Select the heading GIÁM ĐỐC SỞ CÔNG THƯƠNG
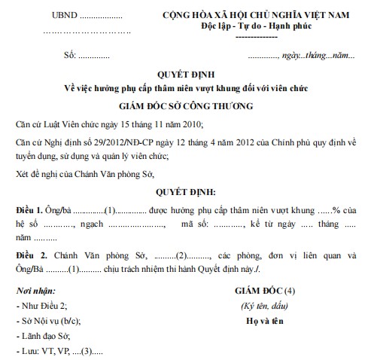click(x=187, y=106)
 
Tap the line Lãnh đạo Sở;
click(x=43, y=336)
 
